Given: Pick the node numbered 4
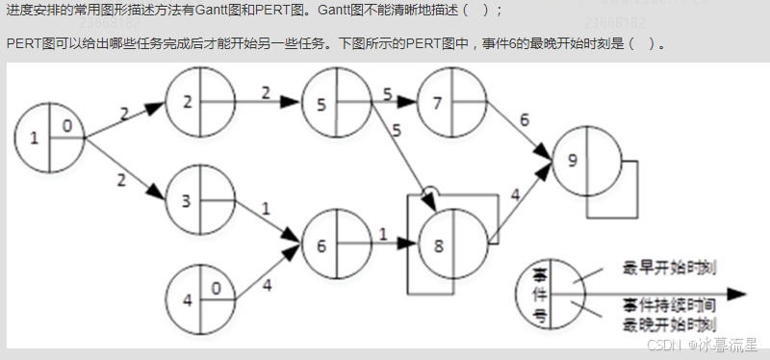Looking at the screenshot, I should [x=200, y=297].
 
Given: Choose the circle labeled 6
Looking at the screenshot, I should [x=336, y=244].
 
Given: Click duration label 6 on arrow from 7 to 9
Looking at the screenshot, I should [x=524, y=119].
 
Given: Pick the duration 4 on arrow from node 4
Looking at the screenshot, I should [x=267, y=285].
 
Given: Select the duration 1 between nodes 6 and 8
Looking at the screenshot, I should [x=382, y=234].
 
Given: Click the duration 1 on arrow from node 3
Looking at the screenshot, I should [x=266, y=207].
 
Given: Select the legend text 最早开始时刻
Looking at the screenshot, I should [x=672, y=267].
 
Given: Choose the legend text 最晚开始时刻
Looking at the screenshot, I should [x=672, y=323].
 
